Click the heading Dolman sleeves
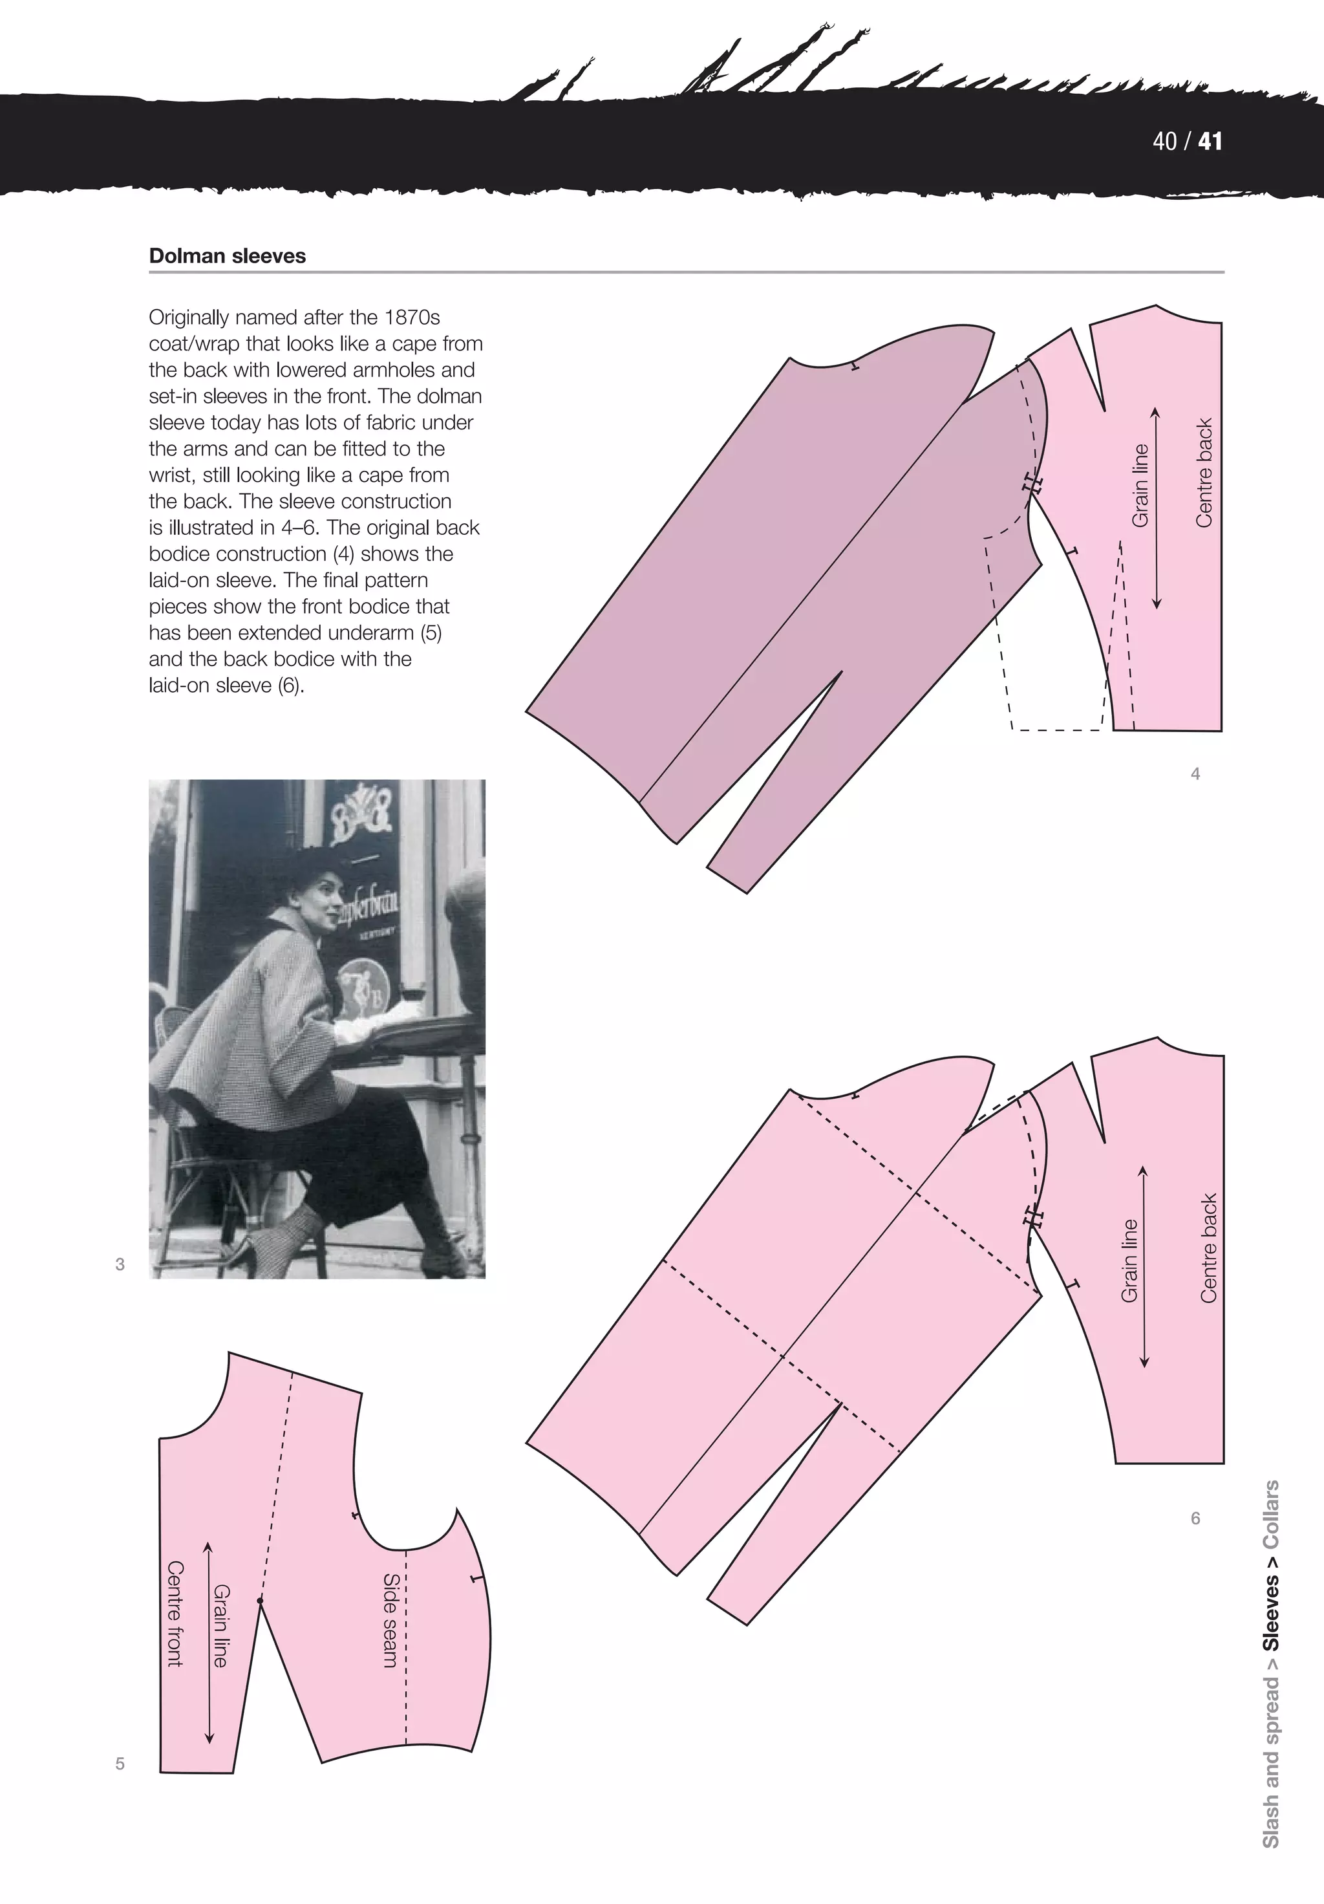pos(227,256)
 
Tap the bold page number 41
pos(1210,142)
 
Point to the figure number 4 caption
pos(1195,773)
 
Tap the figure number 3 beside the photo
pos(120,1264)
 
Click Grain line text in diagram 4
pos(1141,486)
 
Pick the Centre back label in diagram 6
pos(1209,1248)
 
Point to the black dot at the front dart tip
pos(261,1601)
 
